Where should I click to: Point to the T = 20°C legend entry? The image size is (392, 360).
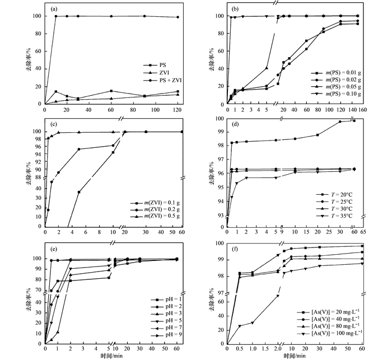click(x=332, y=194)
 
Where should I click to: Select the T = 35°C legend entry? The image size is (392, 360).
click(x=332, y=216)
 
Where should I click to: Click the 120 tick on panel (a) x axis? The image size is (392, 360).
click(x=178, y=110)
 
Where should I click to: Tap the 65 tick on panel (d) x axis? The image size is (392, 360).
click(x=362, y=232)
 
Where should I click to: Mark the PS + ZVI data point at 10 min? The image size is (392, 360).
click(x=55, y=16)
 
